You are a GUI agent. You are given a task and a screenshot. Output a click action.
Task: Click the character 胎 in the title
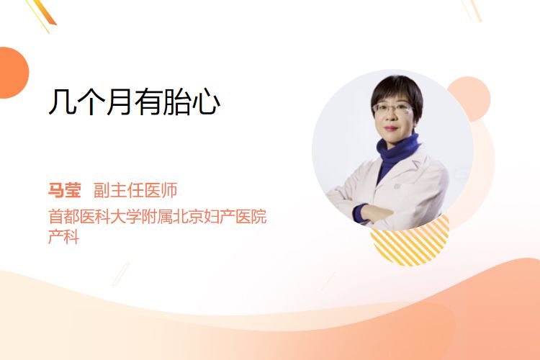(x=176, y=102)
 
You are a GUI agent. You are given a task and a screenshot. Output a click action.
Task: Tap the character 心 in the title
(x=206, y=102)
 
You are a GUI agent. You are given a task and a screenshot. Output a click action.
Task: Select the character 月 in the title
(x=119, y=102)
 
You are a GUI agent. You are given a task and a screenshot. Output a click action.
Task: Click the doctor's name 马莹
(x=64, y=190)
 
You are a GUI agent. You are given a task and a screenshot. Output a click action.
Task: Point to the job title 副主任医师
(x=135, y=190)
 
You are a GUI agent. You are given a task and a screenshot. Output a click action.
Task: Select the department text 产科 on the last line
(x=63, y=236)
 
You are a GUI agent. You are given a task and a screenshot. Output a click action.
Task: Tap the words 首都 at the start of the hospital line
(x=63, y=217)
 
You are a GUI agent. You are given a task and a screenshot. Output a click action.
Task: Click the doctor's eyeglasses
(x=392, y=109)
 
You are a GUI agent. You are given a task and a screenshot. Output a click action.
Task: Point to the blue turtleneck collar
(x=397, y=148)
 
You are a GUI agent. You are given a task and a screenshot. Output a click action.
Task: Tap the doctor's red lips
(x=392, y=128)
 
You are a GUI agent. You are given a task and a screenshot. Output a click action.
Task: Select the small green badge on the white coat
(x=397, y=186)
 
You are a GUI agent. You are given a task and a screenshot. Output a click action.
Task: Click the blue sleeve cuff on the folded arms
(x=360, y=212)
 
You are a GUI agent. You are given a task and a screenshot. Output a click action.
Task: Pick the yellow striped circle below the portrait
(x=410, y=245)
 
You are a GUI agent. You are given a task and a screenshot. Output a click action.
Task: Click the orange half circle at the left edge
(x=13, y=73)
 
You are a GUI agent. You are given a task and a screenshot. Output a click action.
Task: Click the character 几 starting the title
(x=62, y=102)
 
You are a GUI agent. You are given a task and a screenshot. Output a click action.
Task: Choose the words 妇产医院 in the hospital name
(x=235, y=217)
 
